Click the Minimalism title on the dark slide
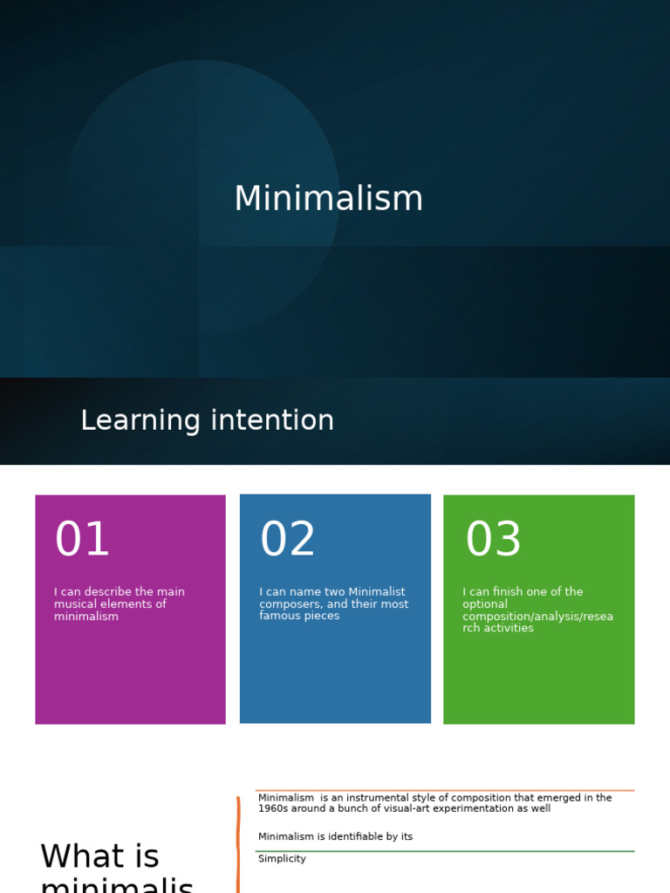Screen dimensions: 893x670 (328, 199)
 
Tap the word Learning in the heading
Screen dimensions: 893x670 (140, 421)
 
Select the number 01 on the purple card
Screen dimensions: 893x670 (82, 540)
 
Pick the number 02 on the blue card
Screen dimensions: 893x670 (288, 540)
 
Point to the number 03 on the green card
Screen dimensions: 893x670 (493, 540)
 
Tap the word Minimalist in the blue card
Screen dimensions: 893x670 (377, 592)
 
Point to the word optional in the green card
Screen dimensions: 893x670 (485, 604)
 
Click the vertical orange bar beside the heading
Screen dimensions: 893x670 (238, 846)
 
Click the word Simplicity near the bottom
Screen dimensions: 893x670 (282, 859)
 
